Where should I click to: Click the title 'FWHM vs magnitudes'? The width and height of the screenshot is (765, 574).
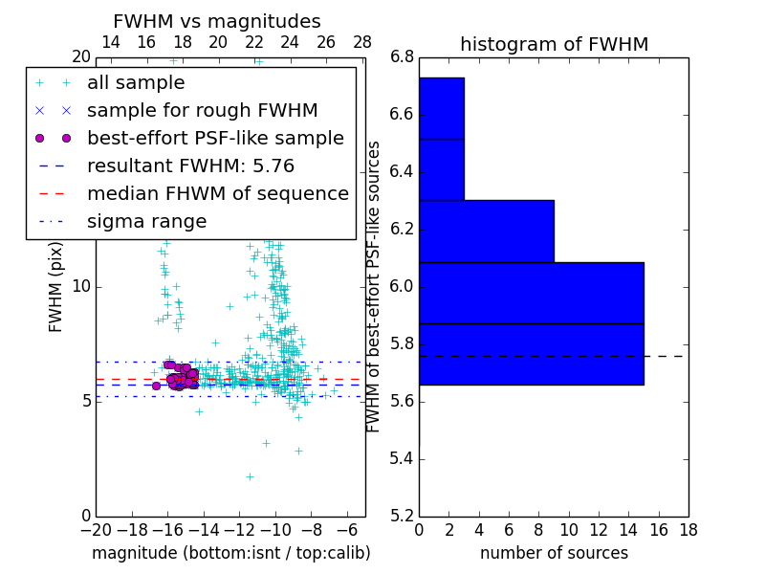coord(216,21)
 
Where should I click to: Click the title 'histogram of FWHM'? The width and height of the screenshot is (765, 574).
coord(554,44)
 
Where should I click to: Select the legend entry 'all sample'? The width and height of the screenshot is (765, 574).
coord(136,83)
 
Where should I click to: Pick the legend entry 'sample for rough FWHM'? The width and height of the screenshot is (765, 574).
coord(202,111)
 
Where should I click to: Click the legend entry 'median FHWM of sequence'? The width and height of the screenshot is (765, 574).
coord(217,193)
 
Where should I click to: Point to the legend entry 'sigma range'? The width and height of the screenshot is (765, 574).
coord(146,221)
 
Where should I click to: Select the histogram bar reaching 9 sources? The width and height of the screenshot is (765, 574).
coord(486,231)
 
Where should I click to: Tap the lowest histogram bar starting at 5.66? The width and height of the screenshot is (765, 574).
coord(531,354)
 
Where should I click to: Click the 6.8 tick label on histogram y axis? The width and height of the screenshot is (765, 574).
coord(403,57)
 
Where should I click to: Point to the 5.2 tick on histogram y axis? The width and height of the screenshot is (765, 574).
coord(403,516)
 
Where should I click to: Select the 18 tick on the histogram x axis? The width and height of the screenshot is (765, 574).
coord(688,530)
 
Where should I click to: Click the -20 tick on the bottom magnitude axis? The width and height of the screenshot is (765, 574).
coord(95,530)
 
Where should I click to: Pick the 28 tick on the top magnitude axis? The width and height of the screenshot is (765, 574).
coord(362,42)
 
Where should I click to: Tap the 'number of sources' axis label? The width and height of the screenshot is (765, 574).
coord(554,553)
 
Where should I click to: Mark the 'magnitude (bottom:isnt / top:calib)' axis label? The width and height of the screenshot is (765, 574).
coord(230,553)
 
